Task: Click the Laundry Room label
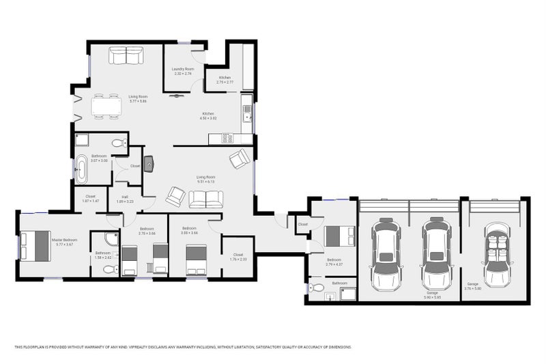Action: [183, 69]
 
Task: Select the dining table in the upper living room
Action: [106, 107]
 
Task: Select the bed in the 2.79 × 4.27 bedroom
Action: [339, 236]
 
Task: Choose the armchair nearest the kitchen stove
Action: [240, 158]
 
